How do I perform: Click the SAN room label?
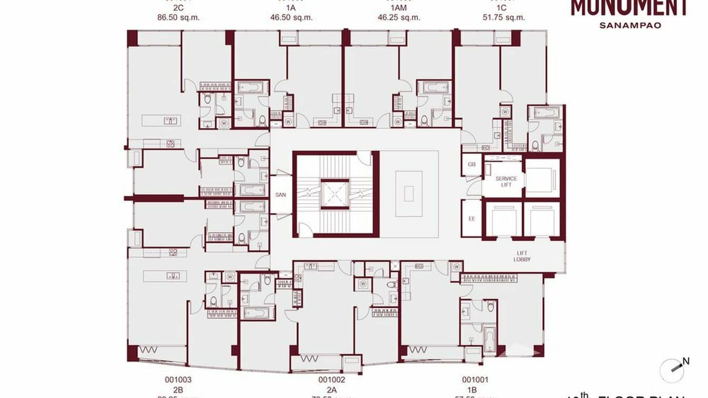click(280, 195)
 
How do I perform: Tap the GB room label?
click(472, 164)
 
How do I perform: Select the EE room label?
click(472, 218)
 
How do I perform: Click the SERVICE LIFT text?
click(506, 182)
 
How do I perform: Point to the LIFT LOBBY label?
click(522, 257)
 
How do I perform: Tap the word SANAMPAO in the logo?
click(630, 25)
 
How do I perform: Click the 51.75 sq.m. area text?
click(504, 17)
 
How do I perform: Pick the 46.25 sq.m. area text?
click(399, 17)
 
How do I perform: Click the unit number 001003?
click(178, 380)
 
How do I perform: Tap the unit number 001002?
click(332, 380)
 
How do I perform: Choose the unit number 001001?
click(475, 380)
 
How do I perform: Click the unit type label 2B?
click(178, 390)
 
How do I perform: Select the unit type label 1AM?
click(399, 7)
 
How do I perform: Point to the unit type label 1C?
click(502, 7)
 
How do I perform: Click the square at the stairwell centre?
click(335, 194)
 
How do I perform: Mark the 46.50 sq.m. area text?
click(292, 17)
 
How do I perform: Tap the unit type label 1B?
click(475, 390)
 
